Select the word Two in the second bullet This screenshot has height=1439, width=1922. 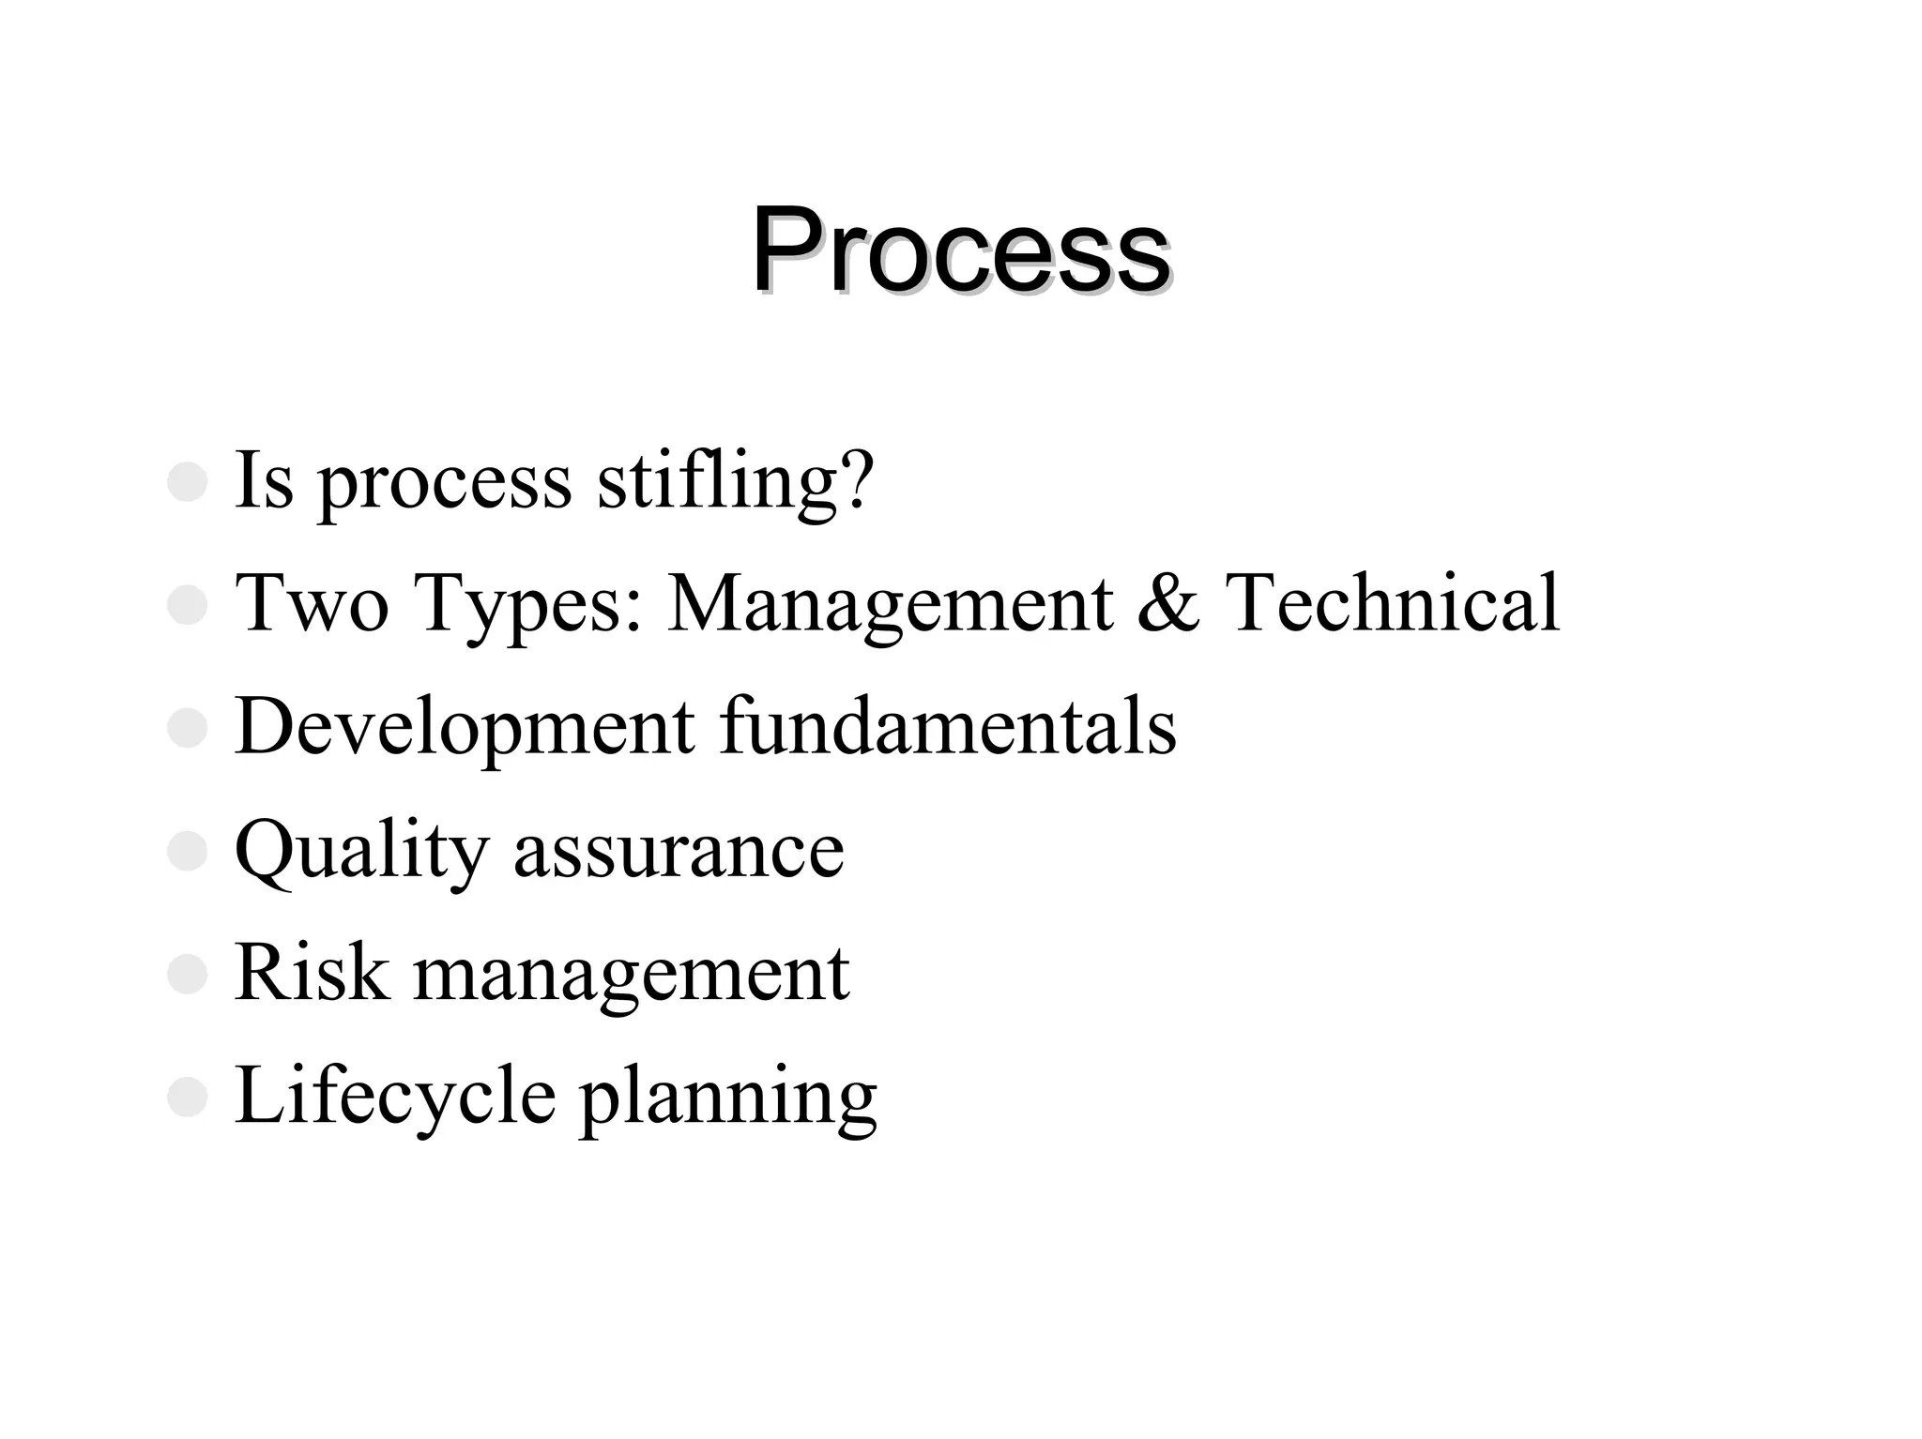point(312,602)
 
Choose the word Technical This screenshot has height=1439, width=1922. point(1392,602)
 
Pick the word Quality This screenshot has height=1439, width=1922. point(361,850)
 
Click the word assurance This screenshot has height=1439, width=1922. point(679,852)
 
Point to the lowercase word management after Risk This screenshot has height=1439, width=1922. point(632,976)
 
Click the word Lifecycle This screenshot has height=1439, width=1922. point(395,1096)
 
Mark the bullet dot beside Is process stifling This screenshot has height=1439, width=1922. point(187,482)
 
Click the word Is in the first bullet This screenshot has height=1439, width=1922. point(264,480)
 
